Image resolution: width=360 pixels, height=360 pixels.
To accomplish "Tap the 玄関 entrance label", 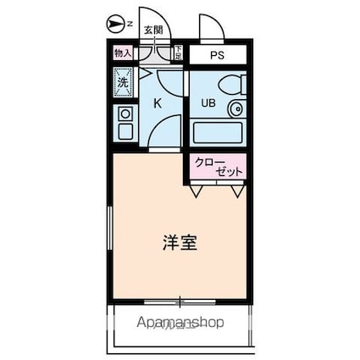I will click(152, 30).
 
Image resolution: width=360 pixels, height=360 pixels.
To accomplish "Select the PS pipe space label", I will click(219, 54).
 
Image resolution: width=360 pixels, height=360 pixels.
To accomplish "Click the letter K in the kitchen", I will click(157, 102).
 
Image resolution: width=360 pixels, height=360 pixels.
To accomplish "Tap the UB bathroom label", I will click(208, 103).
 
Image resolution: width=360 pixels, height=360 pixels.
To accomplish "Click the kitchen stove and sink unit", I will click(125, 123).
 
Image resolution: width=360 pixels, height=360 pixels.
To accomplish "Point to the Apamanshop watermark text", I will click(179, 322).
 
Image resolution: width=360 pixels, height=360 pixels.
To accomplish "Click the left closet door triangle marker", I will click(197, 192).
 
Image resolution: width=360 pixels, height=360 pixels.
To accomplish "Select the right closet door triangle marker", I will click(236, 192).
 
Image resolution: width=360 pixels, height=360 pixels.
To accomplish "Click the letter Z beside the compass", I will click(129, 24).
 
